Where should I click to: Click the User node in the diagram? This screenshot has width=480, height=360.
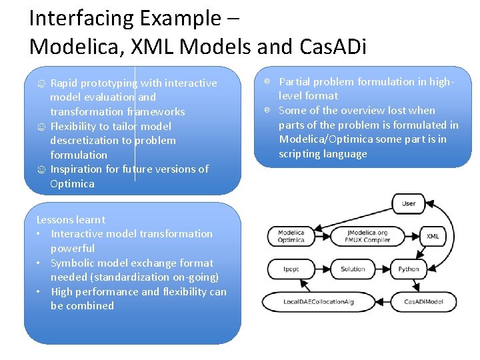(x=409, y=203)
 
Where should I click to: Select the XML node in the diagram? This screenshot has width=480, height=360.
(x=433, y=236)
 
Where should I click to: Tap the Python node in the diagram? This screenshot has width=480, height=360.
(x=409, y=269)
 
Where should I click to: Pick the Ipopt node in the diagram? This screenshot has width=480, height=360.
(x=291, y=269)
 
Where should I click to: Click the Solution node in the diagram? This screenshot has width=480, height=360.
(x=353, y=269)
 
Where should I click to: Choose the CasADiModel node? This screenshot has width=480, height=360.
(x=425, y=301)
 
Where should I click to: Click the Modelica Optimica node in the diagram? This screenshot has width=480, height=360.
(x=291, y=236)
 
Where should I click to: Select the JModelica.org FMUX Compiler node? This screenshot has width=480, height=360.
(x=367, y=236)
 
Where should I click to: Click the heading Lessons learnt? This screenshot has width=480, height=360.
(x=71, y=219)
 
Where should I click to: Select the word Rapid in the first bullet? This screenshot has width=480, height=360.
(x=63, y=83)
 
